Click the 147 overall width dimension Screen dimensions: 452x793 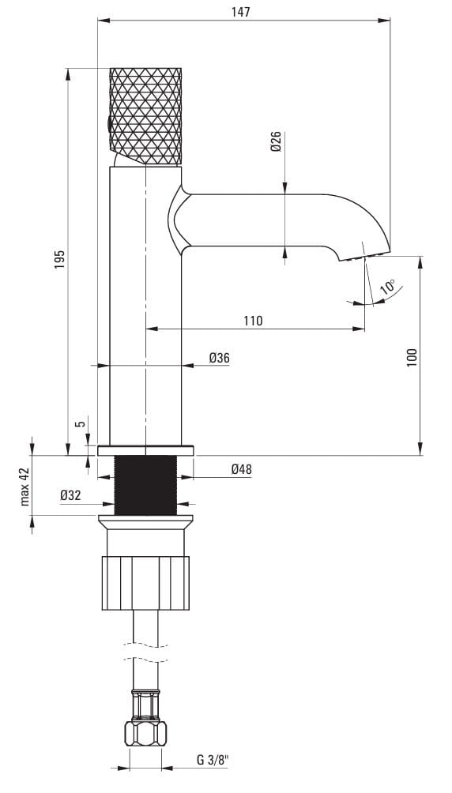pyautogui.click(x=240, y=12)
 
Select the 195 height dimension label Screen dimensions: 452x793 pyautogui.click(x=60, y=259)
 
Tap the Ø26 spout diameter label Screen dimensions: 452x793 pyautogui.click(x=275, y=141)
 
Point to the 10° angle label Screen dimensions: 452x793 pyautogui.click(x=388, y=287)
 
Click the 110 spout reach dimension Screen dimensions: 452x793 pyautogui.click(x=253, y=320)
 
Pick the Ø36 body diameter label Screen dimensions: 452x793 pyautogui.click(x=219, y=358)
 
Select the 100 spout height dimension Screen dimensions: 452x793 pyautogui.click(x=412, y=358)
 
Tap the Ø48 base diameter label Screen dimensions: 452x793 pyautogui.click(x=242, y=469)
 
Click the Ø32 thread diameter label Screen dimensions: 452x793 pyautogui.click(x=70, y=496)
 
